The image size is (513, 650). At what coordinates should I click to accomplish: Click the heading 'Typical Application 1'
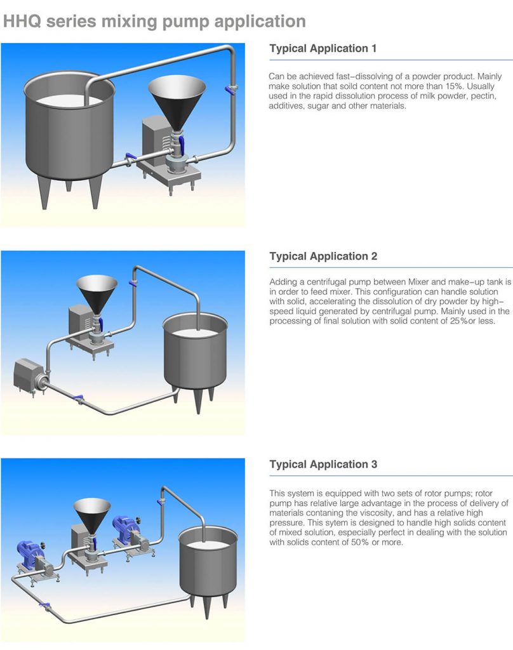(x=323, y=48)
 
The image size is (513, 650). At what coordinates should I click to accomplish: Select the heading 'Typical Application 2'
(x=323, y=256)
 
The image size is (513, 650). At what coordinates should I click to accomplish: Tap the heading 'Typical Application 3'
(x=323, y=464)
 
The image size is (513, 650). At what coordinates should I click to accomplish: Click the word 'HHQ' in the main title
(x=23, y=22)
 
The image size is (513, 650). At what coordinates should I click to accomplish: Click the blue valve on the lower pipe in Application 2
(x=79, y=398)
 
